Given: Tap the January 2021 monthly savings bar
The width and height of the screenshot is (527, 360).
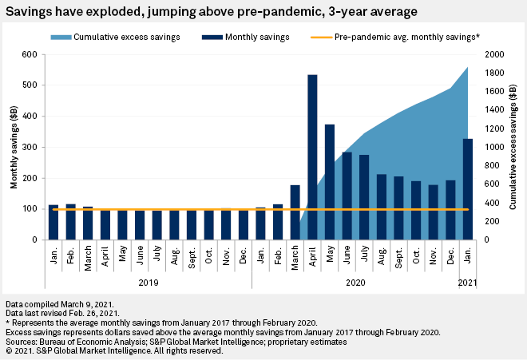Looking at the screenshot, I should [x=468, y=189].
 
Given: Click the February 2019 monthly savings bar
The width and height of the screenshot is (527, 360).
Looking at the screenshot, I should [x=70, y=222].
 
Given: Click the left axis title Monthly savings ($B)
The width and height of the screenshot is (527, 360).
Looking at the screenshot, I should [x=14, y=148].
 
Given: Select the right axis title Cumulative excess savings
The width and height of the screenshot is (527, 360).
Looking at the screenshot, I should [x=516, y=148].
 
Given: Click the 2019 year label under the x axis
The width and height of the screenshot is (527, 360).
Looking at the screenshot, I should [x=148, y=281].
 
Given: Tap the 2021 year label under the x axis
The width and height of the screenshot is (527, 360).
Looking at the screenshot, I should [x=468, y=281].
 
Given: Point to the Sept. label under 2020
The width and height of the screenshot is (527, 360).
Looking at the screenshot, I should [x=399, y=255].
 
